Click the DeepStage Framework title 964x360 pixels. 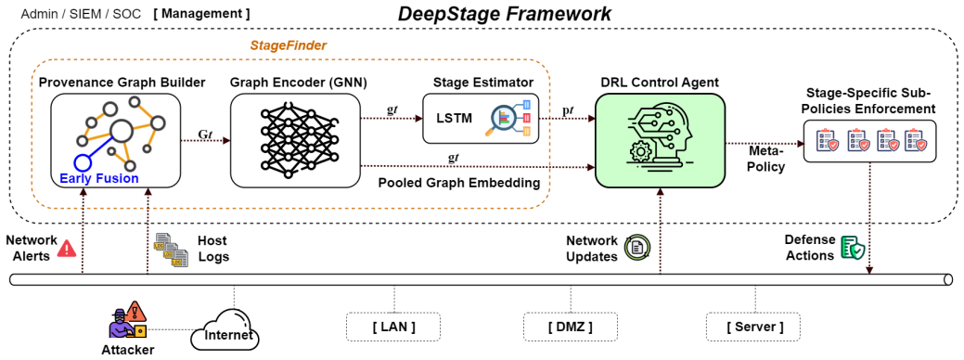[x=505, y=14]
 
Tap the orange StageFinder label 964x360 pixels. [x=289, y=45]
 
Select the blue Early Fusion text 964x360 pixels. [x=99, y=179]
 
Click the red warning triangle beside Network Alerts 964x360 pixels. [x=67, y=248]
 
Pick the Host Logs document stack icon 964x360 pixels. [x=167, y=249]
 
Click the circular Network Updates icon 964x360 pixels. [x=636, y=248]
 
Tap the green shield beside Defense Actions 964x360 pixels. [x=853, y=248]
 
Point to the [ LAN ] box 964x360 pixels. [x=394, y=327]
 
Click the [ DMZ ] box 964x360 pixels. [x=571, y=327]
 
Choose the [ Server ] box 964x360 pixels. [x=754, y=327]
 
